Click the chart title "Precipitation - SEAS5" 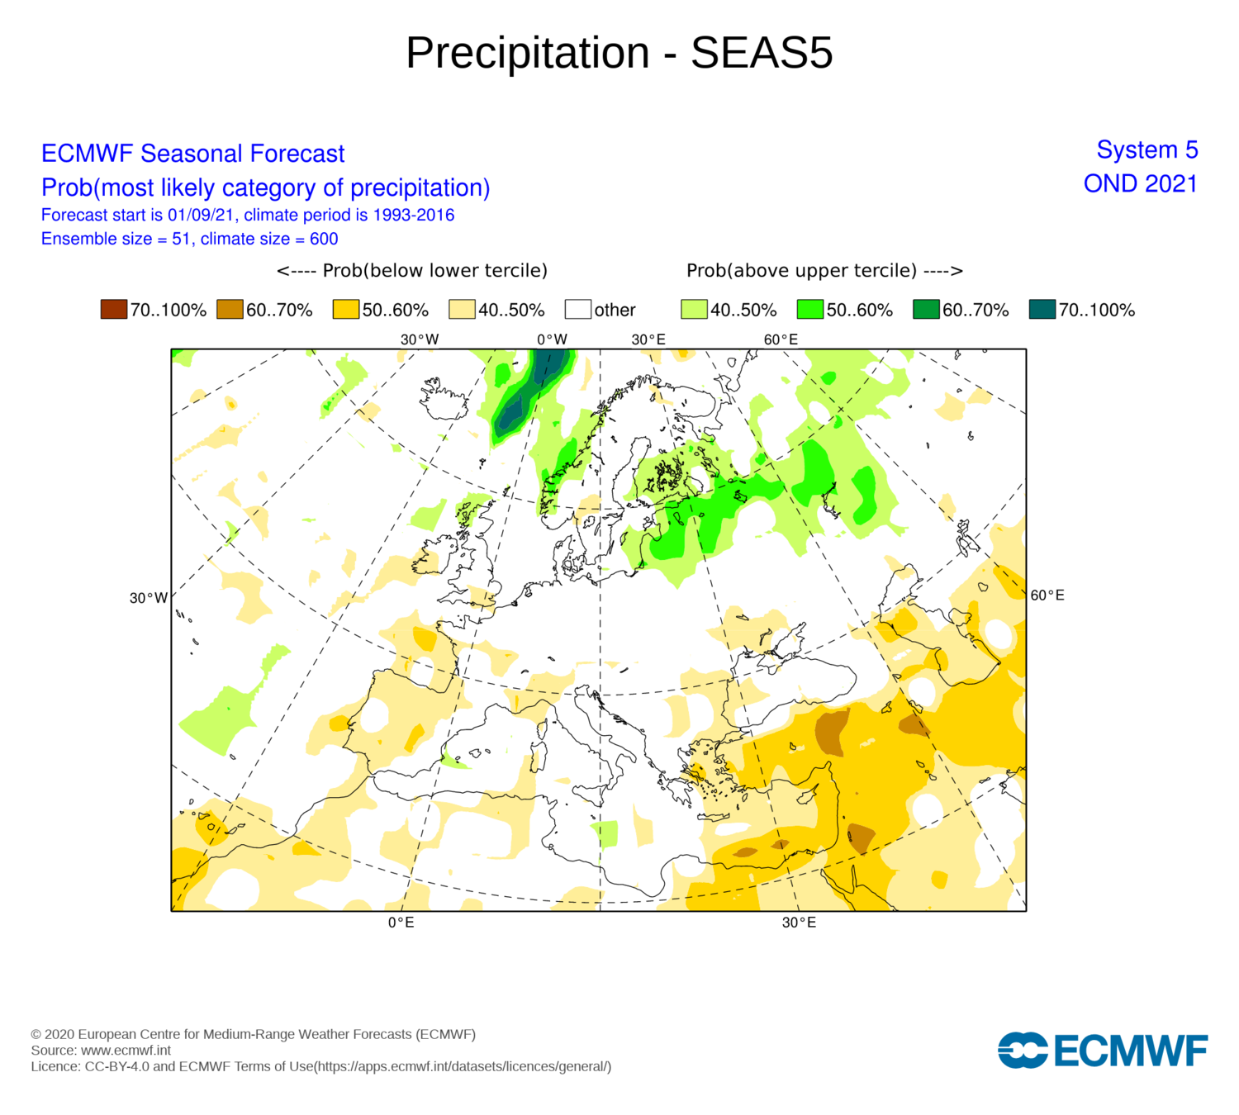click(x=619, y=53)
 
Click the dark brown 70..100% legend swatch click(x=113, y=310)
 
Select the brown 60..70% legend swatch click(x=230, y=310)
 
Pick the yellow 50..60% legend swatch click(x=346, y=310)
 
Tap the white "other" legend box click(x=578, y=310)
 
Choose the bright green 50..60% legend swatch click(x=810, y=310)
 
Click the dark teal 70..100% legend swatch click(x=1042, y=310)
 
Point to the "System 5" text click(x=1146, y=149)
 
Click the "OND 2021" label click(x=1140, y=183)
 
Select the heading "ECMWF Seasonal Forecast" click(x=192, y=154)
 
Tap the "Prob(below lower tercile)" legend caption click(x=412, y=271)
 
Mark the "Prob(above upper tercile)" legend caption click(x=824, y=271)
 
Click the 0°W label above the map click(x=552, y=339)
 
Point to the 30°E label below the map click(x=799, y=923)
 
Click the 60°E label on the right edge click(x=1047, y=595)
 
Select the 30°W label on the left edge click(x=149, y=598)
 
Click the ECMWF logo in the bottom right click(x=1103, y=1051)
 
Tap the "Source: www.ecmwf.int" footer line click(x=101, y=1051)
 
